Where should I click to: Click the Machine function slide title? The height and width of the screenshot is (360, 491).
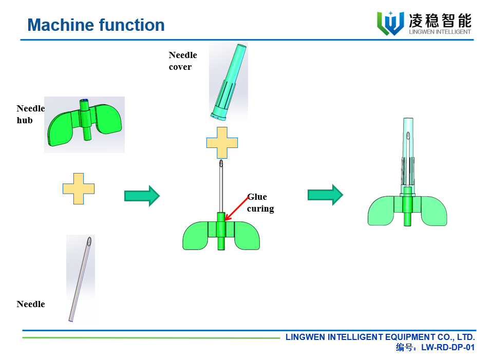pyautogui.click(x=96, y=25)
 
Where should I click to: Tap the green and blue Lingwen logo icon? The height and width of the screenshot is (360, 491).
pyautogui.click(x=390, y=23)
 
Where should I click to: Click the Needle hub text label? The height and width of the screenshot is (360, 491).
pyautogui.click(x=30, y=114)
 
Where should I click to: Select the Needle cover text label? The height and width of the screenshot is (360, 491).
pyautogui.click(x=182, y=61)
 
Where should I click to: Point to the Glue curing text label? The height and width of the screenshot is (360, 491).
pyautogui.click(x=260, y=203)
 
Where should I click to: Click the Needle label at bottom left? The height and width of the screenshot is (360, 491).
pyautogui.click(x=30, y=304)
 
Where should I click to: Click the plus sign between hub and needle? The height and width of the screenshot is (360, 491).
pyautogui.click(x=79, y=188)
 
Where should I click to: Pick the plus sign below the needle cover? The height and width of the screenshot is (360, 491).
pyautogui.click(x=222, y=142)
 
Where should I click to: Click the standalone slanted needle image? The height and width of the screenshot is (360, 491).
pyautogui.click(x=81, y=278)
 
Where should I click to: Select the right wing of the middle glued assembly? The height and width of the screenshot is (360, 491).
pyautogui.click(x=247, y=236)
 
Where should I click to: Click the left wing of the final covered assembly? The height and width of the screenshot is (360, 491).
pyautogui.click(x=381, y=211)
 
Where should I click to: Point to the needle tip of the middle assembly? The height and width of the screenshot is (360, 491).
pyautogui.click(x=221, y=164)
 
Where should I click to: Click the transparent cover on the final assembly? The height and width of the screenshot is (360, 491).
pyautogui.click(x=408, y=149)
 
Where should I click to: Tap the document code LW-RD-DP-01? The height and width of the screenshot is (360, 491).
pyautogui.click(x=447, y=348)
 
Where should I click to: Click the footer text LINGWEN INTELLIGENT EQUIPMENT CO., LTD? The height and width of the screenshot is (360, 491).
pyautogui.click(x=380, y=337)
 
